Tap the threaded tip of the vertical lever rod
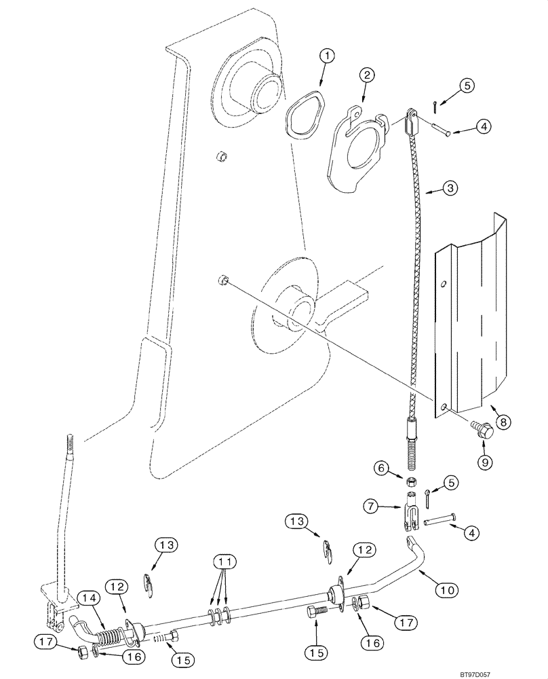click(x=71, y=445)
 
